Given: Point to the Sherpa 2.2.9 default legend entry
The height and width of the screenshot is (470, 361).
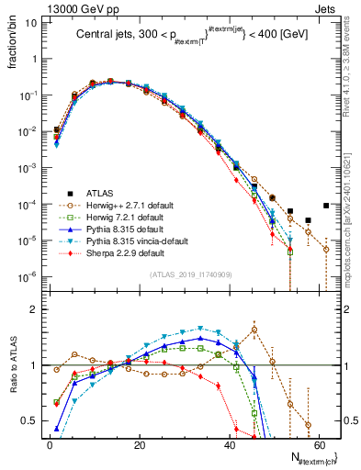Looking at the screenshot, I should pos(121,252).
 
